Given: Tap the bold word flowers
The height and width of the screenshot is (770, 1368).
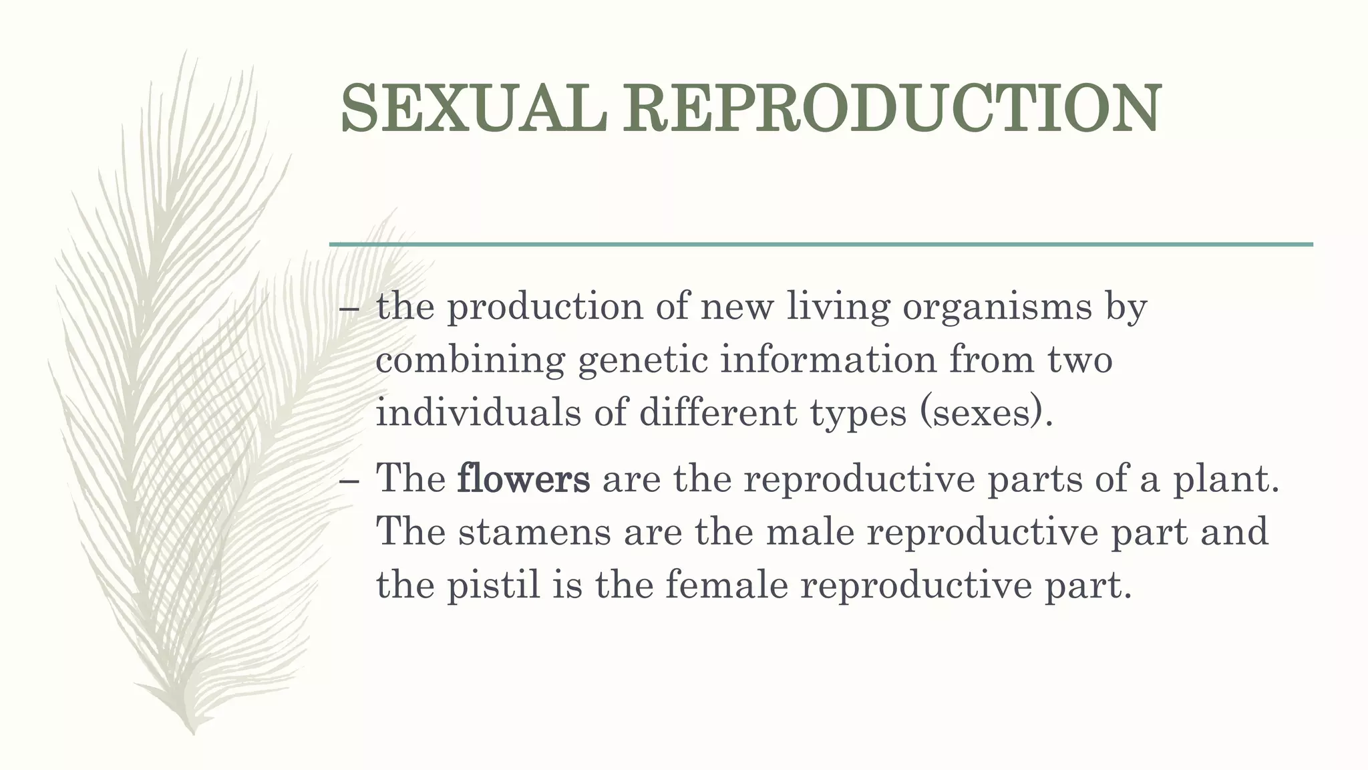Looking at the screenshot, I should pos(524,479).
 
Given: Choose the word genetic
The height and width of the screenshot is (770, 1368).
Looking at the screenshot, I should pos(643,361).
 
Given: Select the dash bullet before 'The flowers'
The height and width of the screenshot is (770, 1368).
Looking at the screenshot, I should pos(349,481).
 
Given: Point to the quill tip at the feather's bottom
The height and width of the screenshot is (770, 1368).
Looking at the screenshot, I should pos(193,731).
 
